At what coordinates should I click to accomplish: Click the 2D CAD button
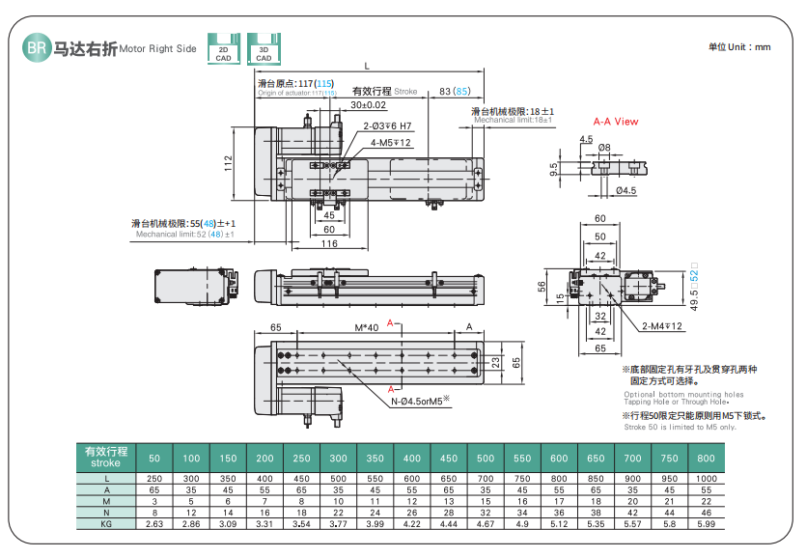(224, 50)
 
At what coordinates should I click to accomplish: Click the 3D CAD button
(263, 50)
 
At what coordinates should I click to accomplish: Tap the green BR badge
(35, 48)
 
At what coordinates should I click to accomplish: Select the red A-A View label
(615, 122)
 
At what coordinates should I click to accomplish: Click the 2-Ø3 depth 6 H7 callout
(387, 126)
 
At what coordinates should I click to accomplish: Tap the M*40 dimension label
(366, 327)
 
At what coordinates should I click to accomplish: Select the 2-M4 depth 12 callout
(663, 326)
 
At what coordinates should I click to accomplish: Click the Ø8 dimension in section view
(604, 148)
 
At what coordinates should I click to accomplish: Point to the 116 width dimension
(328, 244)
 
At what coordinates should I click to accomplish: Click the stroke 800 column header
(706, 458)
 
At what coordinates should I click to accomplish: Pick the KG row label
(106, 523)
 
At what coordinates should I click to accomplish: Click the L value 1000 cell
(706, 480)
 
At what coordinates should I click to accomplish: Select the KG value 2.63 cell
(154, 523)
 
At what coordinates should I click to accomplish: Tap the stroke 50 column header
(154, 458)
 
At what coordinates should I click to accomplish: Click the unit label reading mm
(740, 46)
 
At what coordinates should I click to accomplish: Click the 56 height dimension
(542, 286)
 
